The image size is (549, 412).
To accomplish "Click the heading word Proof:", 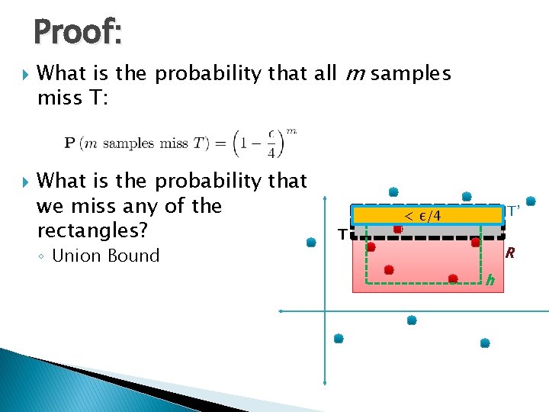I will (77, 32).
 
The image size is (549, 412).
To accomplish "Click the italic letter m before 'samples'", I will (353, 73).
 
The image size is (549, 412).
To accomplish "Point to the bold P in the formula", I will (69, 144).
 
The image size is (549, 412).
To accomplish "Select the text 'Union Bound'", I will (105, 256).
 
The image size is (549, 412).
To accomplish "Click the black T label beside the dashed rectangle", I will (342, 234).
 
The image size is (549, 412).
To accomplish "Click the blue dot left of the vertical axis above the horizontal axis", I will (311, 243).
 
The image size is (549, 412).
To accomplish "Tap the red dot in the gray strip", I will (398, 229).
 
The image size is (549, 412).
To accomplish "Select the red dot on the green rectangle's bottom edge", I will (452, 278).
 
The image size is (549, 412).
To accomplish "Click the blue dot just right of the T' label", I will (531, 201).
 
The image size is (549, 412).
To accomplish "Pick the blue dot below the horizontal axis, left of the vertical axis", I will (339, 338).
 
